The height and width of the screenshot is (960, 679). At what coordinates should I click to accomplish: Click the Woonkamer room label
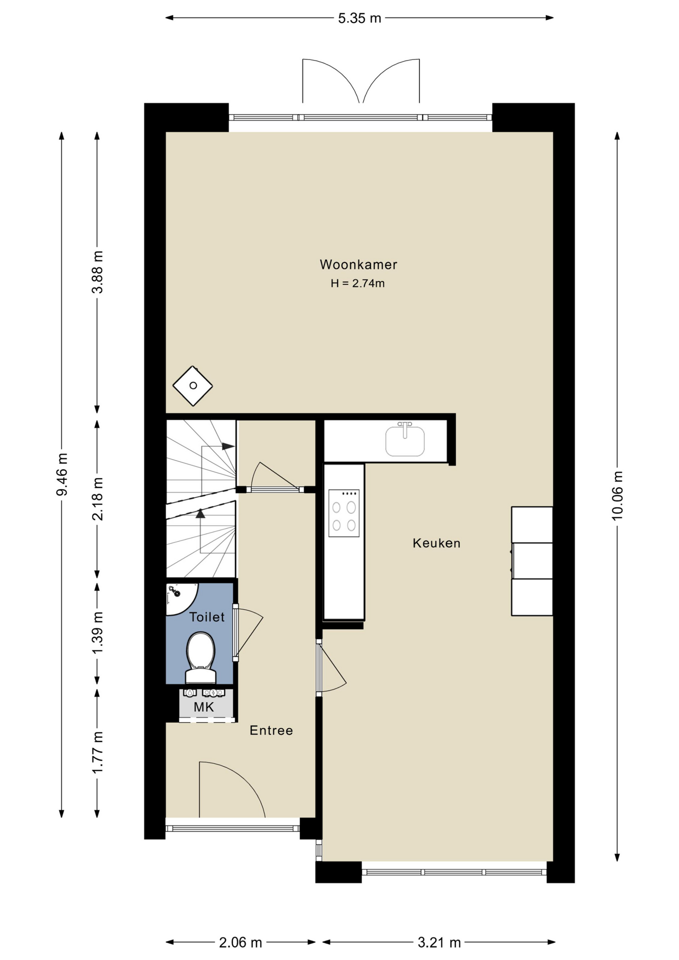pos(358,264)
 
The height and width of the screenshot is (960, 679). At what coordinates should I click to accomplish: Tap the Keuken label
pos(436,543)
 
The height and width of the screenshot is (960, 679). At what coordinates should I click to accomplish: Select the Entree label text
pos(271,730)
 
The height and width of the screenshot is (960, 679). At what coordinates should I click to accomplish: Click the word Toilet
pos(207,617)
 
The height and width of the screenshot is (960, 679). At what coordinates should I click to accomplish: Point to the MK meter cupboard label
pos(204,707)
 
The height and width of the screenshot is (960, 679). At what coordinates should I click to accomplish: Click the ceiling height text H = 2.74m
pos(357,283)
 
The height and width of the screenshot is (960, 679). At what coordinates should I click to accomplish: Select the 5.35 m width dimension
pos(359,18)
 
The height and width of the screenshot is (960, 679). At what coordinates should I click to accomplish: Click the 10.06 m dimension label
pos(617,495)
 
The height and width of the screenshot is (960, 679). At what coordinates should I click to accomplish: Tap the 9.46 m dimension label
pos(62,474)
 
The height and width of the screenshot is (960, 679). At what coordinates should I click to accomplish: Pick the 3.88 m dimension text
pos(97,272)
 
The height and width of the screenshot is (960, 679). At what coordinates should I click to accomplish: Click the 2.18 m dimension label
pos(97,498)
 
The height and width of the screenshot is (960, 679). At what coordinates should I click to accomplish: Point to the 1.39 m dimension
pos(97,632)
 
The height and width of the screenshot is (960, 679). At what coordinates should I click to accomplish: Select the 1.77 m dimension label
pos(97,752)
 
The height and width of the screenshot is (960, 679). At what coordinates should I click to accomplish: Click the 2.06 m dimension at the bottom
pos(240,942)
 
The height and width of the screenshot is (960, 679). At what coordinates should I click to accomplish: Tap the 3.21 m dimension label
pos(439,942)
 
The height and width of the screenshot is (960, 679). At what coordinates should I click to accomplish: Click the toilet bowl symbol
pos(200,657)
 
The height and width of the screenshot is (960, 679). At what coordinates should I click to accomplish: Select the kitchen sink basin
pos(405,439)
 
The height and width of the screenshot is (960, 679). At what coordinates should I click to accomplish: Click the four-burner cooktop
pos(344,513)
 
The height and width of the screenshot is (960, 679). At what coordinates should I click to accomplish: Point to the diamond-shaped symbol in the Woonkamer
pos(192,385)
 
